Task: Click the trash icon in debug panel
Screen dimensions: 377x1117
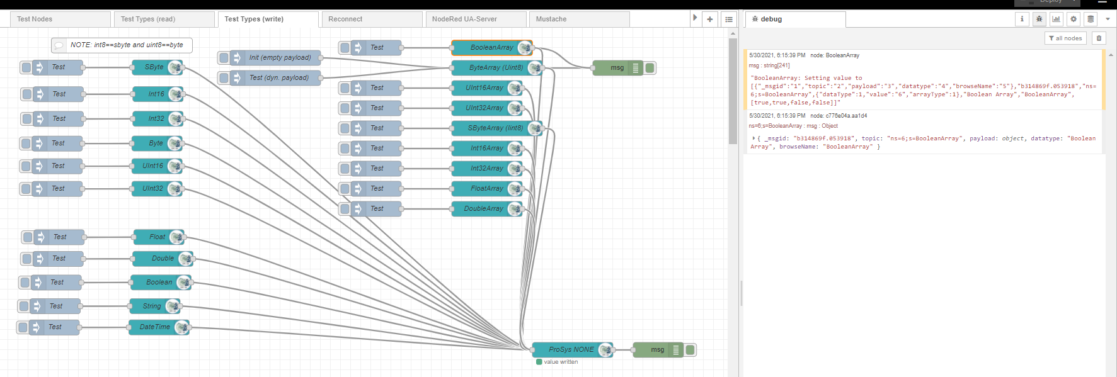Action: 1099,38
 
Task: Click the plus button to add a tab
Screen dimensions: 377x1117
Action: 710,20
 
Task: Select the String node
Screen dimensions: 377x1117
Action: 152,307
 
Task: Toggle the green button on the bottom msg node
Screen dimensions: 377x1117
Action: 690,350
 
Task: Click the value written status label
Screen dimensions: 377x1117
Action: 561,362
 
